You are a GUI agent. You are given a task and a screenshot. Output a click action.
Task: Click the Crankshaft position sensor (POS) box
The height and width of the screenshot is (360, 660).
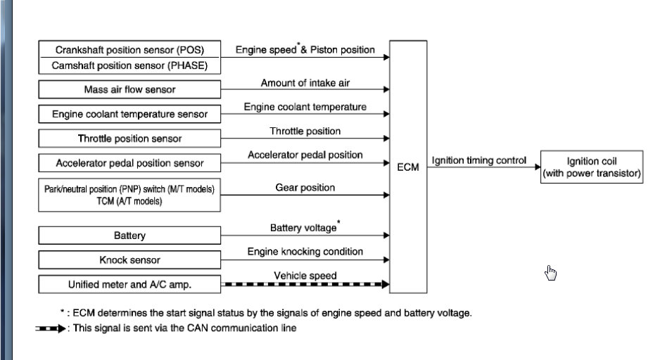click(129, 50)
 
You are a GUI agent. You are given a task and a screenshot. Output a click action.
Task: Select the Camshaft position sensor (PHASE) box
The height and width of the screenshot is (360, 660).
click(129, 66)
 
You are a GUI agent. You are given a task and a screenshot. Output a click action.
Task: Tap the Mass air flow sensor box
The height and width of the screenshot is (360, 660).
click(129, 90)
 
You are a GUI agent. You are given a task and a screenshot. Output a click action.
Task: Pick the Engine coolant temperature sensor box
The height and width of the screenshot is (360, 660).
click(129, 114)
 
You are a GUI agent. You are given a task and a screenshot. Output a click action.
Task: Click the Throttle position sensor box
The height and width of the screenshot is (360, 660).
click(129, 139)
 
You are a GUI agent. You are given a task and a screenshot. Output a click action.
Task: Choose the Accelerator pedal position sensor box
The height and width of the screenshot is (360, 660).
click(129, 163)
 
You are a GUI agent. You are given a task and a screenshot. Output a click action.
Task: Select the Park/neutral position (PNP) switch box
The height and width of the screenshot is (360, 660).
click(129, 195)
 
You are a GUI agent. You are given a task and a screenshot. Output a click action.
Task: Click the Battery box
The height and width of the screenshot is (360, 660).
click(129, 236)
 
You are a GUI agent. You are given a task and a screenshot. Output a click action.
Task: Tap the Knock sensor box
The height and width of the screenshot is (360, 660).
click(129, 260)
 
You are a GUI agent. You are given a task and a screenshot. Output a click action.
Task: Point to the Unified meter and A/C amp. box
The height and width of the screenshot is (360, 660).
click(129, 285)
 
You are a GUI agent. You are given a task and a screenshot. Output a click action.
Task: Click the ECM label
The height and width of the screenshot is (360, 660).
click(408, 167)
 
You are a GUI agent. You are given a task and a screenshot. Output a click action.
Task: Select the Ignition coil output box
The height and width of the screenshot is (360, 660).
click(592, 167)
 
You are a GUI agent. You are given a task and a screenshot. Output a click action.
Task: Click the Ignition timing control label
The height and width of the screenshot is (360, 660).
click(478, 160)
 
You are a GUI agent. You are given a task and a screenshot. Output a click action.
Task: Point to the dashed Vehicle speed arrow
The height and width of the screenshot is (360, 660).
click(305, 285)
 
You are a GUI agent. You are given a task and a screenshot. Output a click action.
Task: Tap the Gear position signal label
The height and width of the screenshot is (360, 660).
click(305, 188)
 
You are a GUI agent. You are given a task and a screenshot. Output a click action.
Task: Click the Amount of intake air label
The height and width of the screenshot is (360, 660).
click(305, 83)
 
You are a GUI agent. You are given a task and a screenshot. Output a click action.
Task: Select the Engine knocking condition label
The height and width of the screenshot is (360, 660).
click(305, 252)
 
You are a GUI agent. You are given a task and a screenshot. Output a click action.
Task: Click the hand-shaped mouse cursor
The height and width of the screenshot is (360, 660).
click(550, 273)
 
